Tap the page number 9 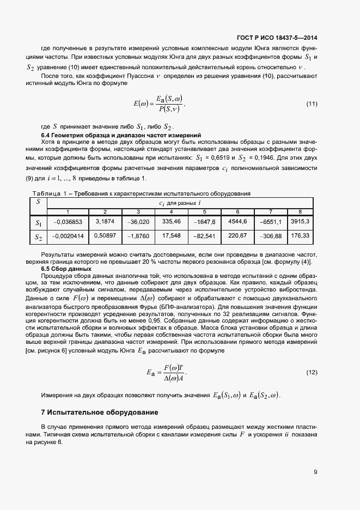[315, 472]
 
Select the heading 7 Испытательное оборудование [97, 412]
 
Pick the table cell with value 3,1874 [105, 222]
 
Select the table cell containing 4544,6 [237, 222]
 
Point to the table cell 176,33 [300, 236]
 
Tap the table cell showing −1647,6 [204, 222]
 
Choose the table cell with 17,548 [172, 236]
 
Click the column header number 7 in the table [271, 211]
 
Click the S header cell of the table [38, 202]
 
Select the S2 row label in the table [38, 236]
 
